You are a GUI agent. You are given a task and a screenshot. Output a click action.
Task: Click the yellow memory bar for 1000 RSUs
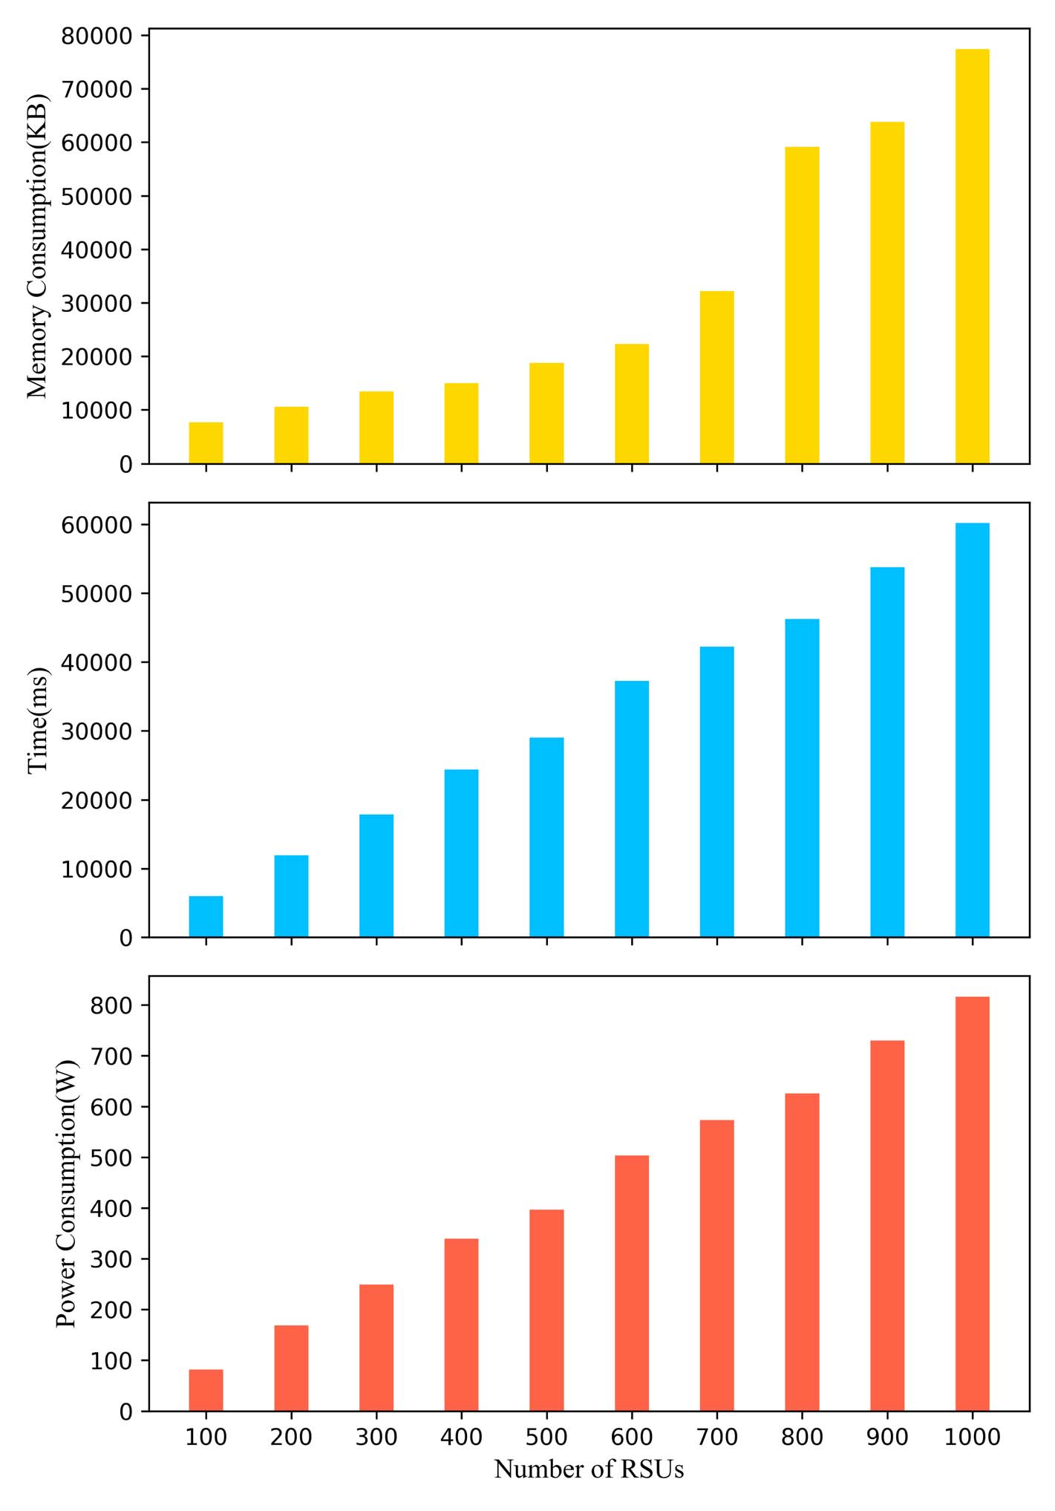coord(972,256)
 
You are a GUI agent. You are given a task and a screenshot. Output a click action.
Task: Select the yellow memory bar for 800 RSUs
coord(802,305)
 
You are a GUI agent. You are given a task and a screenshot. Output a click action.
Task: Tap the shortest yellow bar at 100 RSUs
coord(206,443)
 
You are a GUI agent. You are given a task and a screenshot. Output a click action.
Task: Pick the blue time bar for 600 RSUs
coord(632,809)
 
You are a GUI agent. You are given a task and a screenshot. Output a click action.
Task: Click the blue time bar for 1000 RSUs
coord(972,730)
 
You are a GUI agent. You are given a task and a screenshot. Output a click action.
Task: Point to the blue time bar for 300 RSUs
coord(376,875)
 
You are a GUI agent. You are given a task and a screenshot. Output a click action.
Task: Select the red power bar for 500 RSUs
coord(546,1310)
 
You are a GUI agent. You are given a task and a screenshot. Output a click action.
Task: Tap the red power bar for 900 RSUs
coord(887,1225)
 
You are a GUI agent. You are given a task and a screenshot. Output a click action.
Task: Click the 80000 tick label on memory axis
coord(97,36)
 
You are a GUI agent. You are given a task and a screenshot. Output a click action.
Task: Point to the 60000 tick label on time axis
coord(97,525)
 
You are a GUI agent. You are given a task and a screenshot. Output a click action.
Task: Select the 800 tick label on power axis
coord(112,1005)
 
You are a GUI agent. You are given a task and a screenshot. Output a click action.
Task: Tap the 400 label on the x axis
coord(461,1437)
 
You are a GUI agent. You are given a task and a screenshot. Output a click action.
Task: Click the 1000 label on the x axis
coord(972,1437)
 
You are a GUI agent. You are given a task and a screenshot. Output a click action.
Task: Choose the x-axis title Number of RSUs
coord(589,1469)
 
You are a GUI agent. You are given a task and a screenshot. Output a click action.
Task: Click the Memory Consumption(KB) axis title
coord(37,246)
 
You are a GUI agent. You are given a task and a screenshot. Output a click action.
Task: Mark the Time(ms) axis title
coord(37,720)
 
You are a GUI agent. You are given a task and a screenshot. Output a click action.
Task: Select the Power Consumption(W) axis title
coord(67,1194)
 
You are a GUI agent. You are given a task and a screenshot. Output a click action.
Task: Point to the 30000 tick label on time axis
coord(97,731)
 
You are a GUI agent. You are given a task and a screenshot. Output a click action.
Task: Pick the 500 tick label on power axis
coord(112,1158)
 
